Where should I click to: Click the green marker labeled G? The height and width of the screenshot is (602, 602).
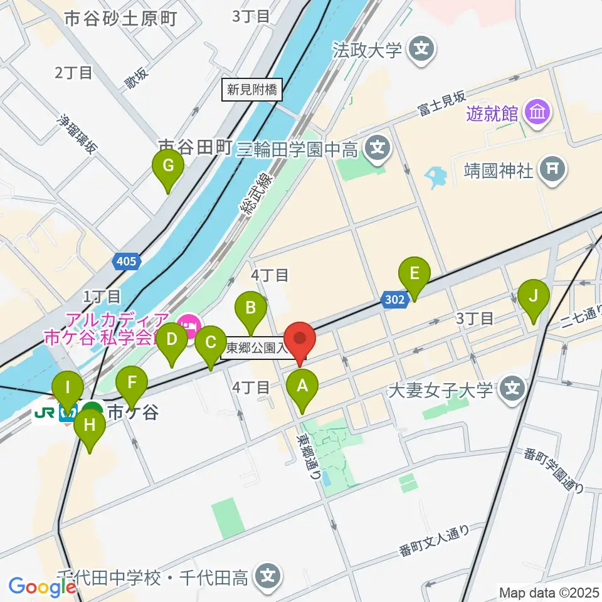[167, 166]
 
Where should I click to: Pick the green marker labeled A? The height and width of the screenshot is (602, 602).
[302, 386]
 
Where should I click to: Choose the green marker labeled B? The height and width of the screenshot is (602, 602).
[251, 308]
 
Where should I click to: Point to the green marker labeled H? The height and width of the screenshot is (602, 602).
[90, 426]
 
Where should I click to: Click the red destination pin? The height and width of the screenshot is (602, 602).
[299, 339]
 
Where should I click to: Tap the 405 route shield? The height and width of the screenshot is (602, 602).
[126, 261]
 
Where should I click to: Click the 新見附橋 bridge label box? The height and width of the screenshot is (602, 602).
[252, 90]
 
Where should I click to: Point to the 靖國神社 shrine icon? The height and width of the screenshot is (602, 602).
[552, 168]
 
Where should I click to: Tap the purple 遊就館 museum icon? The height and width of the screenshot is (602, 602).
[538, 113]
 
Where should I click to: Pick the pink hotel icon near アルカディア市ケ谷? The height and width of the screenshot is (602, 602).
[187, 325]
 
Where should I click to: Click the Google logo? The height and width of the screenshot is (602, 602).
[42, 586]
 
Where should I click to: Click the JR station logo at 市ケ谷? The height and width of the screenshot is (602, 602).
[45, 413]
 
